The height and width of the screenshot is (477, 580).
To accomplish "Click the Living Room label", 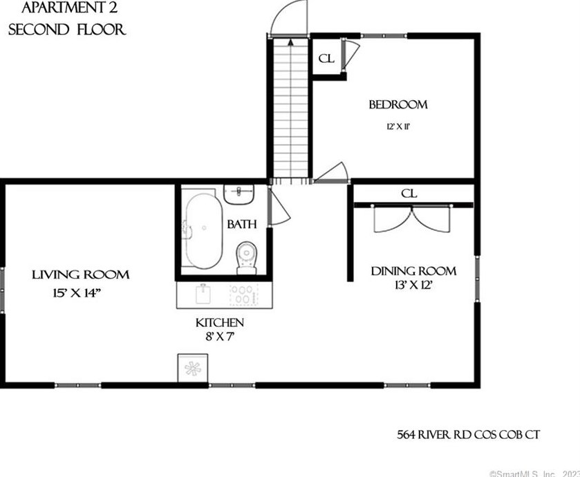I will point(81,275).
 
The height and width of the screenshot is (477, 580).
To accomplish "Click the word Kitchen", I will point(220,323).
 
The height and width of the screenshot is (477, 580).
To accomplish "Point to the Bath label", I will point(241,224).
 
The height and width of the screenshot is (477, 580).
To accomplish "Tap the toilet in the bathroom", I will point(246,257).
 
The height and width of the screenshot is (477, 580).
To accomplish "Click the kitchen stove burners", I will point(243,295).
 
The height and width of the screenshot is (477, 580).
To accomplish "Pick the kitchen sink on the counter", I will point(203,295).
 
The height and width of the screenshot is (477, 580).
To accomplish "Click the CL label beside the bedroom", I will point(326,59).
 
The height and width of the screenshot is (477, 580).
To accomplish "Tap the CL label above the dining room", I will point(409,194).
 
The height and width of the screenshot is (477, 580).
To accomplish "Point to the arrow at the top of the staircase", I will point(290,43).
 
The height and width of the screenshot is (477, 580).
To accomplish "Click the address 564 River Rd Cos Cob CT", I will point(465,435).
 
